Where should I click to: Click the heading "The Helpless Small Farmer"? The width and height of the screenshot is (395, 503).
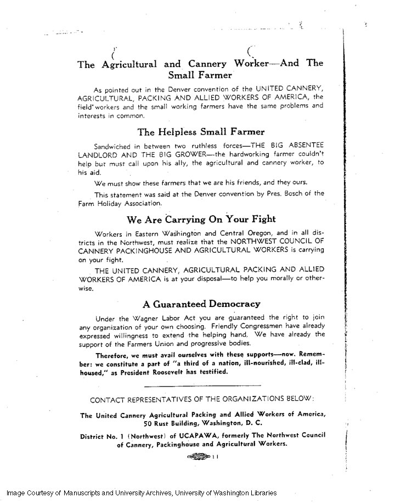click(x=201, y=132)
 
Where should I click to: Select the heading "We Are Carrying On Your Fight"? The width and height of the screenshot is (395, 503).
click(x=201, y=220)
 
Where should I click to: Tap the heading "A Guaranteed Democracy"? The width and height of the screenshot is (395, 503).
click(x=201, y=304)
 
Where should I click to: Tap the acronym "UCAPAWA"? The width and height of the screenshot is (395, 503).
click(x=195, y=435)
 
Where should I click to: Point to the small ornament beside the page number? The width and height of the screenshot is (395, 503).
click(x=199, y=456)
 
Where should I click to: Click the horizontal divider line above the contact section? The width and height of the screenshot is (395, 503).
click(x=202, y=388)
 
